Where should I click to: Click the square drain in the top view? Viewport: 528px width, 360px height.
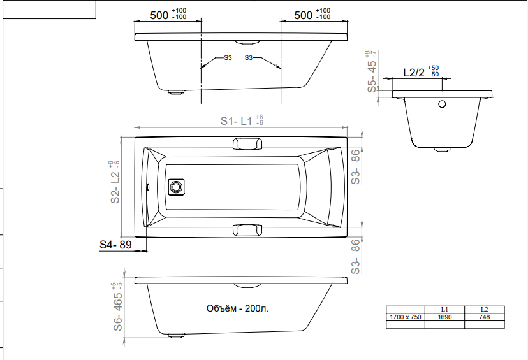click(x=176, y=187)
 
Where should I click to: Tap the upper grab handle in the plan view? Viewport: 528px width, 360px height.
click(x=247, y=143)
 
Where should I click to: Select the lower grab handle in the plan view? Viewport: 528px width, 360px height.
click(x=247, y=231)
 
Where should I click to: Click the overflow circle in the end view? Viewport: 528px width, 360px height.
click(x=442, y=104)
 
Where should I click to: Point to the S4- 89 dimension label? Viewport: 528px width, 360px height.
click(x=115, y=245)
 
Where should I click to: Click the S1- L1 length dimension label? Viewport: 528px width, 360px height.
click(x=242, y=120)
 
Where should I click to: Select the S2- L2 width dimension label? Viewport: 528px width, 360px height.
click(x=115, y=182)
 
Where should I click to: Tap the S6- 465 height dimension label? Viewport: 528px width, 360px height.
click(x=117, y=306)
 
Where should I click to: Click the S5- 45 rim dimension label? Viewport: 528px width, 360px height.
click(x=372, y=71)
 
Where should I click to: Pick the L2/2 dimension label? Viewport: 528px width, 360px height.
click(x=421, y=71)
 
